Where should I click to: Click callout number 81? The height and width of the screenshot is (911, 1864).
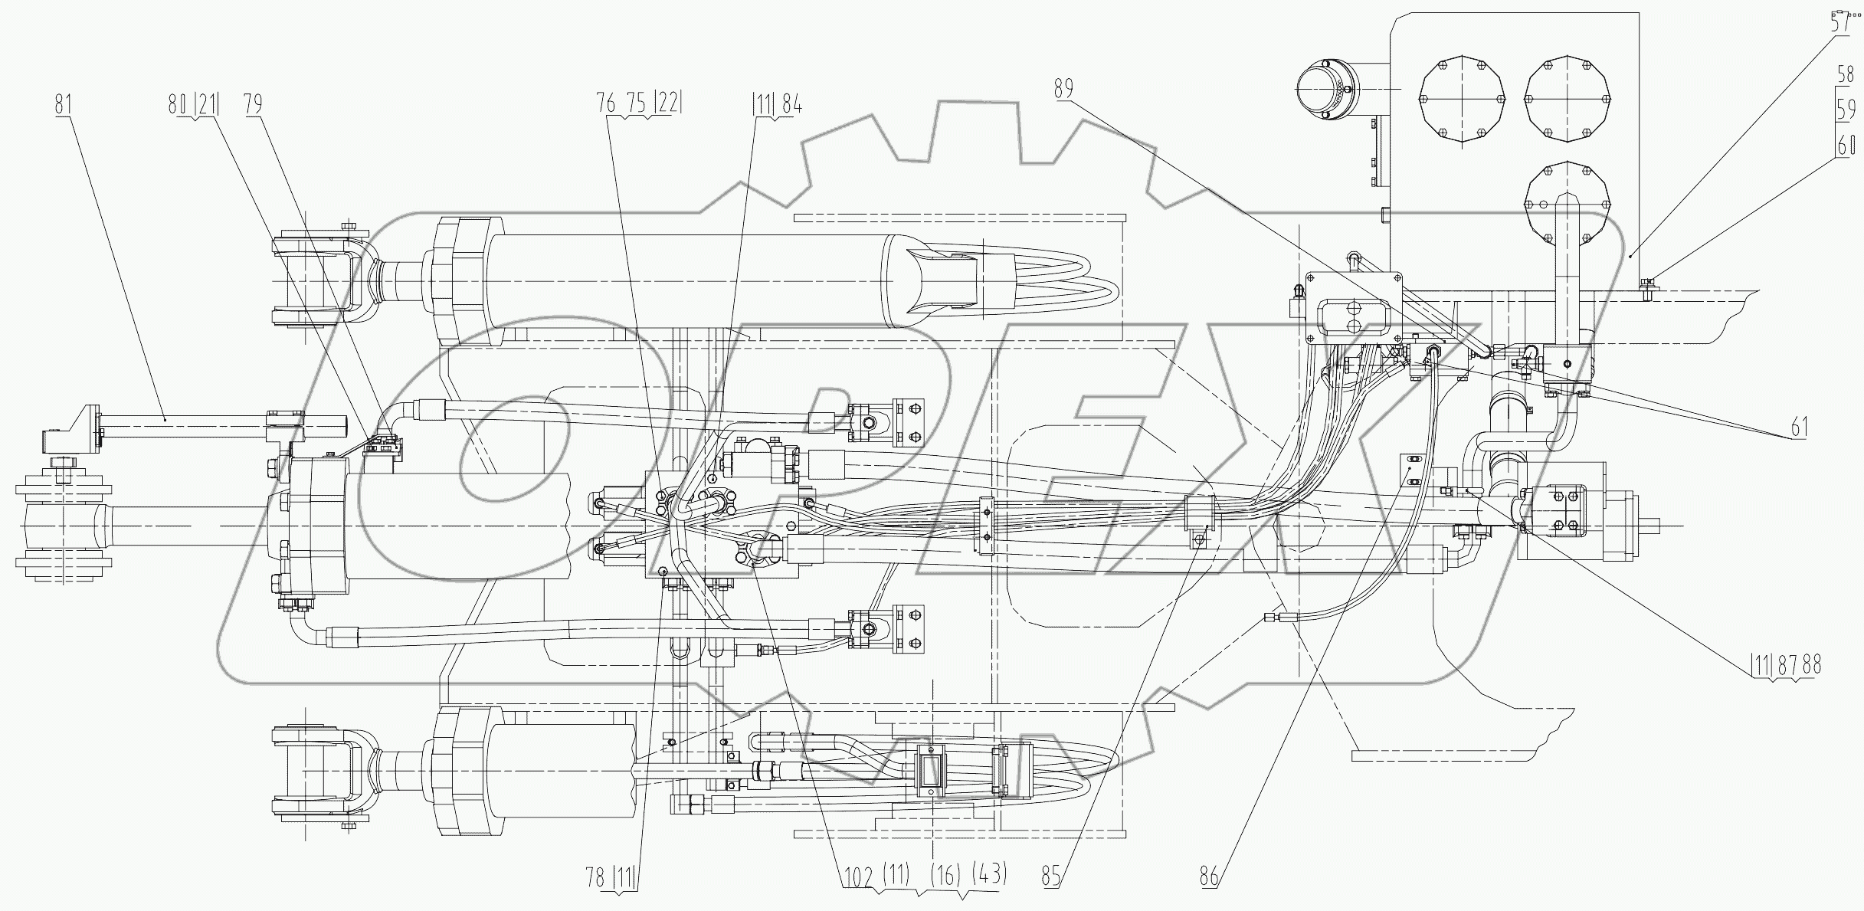pos(64,104)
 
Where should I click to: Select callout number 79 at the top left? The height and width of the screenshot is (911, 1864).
pos(254,104)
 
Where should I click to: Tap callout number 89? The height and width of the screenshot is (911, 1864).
pos(1063,89)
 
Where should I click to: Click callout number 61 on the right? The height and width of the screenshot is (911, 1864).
pos(1800,428)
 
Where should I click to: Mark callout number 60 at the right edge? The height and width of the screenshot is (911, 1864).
pos(1846,144)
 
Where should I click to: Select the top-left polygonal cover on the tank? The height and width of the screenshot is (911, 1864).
pos(1463,100)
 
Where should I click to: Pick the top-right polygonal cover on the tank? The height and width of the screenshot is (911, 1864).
pos(1568,100)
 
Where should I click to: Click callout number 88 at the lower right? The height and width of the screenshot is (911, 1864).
pos(1811,665)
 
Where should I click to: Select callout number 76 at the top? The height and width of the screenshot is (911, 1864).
pos(606,104)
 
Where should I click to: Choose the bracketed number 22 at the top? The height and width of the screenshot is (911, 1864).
pos(667,104)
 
